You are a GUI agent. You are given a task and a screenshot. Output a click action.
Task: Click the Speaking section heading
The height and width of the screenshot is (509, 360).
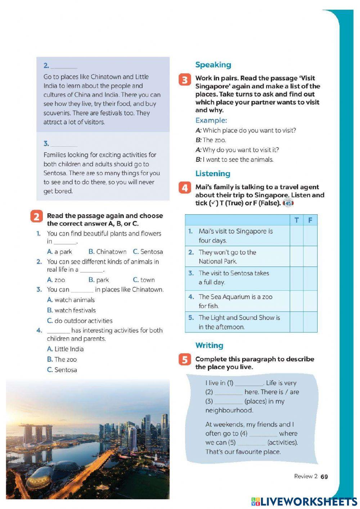[x=213, y=65]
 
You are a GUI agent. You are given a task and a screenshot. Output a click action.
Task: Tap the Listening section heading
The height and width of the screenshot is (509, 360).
[x=212, y=174]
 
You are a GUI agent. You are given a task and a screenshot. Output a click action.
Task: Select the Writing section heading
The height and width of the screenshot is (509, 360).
[x=209, y=345]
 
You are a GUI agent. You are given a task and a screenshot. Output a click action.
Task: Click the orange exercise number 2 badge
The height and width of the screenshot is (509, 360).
[x=36, y=216]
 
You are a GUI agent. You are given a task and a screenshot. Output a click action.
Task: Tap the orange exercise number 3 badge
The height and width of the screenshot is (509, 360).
[x=185, y=80]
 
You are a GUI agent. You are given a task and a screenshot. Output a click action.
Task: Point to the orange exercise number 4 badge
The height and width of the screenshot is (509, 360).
[x=185, y=188]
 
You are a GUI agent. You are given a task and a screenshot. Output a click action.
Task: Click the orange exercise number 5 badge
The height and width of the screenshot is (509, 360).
[x=185, y=360]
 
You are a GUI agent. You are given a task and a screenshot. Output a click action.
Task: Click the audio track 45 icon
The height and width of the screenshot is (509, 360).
[x=288, y=204]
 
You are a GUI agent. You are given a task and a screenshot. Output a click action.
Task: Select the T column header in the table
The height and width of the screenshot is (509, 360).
[x=296, y=220]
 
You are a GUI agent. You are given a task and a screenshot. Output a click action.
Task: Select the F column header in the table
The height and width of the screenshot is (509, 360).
[x=310, y=220]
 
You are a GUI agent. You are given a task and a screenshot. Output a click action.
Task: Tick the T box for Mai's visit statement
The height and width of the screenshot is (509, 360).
[x=296, y=236]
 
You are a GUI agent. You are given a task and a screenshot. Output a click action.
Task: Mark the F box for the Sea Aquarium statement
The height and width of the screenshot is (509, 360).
[x=310, y=301]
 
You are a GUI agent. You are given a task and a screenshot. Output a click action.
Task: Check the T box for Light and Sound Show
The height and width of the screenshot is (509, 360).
[x=296, y=322]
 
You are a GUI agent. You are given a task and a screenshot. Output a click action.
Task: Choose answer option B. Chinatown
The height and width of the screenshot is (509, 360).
[x=107, y=252]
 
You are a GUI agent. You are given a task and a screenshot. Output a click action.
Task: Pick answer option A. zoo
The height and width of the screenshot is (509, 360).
[x=56, y=280]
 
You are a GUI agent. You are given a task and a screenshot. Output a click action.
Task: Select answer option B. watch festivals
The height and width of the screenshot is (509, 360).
[x=71, y=310]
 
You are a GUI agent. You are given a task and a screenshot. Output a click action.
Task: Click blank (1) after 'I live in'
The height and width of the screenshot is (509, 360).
[x=249, y=383]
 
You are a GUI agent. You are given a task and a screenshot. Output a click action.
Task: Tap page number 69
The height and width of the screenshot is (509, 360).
[x=324, y=477]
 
